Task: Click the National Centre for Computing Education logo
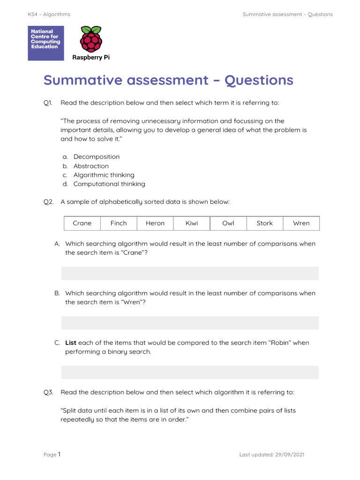46,43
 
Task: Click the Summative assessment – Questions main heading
168,80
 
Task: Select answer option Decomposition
96,157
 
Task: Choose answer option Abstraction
91,166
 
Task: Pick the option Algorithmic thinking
104,175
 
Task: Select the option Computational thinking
109,184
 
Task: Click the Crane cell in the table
82,223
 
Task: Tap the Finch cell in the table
119,223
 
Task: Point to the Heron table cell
155,223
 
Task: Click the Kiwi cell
192,223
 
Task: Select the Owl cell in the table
228,223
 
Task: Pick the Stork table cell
264,223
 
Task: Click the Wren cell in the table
301,223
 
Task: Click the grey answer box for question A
190,273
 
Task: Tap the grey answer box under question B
190,322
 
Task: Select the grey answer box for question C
190,372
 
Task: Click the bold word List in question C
70,343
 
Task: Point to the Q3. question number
49,392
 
